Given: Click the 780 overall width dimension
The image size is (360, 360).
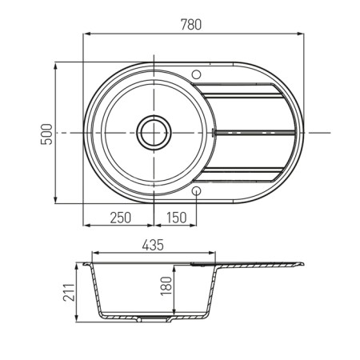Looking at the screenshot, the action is [x=191, y=25].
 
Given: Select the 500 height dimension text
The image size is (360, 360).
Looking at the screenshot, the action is [x=46, y=134].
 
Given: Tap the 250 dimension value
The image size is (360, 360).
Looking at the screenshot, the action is [x=121, y=218].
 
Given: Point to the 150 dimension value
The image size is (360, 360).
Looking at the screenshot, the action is [x=176, y=218].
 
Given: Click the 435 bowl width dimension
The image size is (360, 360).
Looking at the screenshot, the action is [x=153, y=245].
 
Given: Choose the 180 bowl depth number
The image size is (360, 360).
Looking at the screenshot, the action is [x=166, y=286].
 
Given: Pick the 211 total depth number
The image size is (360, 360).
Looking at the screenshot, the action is [x=69, y=292].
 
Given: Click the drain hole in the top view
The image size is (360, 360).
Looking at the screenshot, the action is [x=154, y=133].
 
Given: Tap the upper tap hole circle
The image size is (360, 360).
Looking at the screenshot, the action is [x=197, y=74].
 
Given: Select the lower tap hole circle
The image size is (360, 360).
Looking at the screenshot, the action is [x=197, y=190].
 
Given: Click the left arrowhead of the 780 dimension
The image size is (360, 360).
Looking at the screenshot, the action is [x=86, y=34].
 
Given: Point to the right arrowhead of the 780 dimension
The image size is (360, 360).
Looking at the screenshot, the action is [x=301, y=34].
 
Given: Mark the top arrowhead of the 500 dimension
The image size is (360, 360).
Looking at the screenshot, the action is [x=55, y=66].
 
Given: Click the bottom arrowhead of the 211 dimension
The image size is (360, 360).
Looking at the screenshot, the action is [x=77, y=318].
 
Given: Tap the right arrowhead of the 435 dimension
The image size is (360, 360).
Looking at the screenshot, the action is [x=212, y=253].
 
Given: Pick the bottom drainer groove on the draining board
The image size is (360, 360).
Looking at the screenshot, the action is [x=241, y=169].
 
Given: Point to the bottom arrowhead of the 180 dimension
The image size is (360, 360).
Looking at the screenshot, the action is [x=174, y=312].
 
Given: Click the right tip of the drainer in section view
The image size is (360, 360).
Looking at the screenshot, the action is [x=304, y=264].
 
